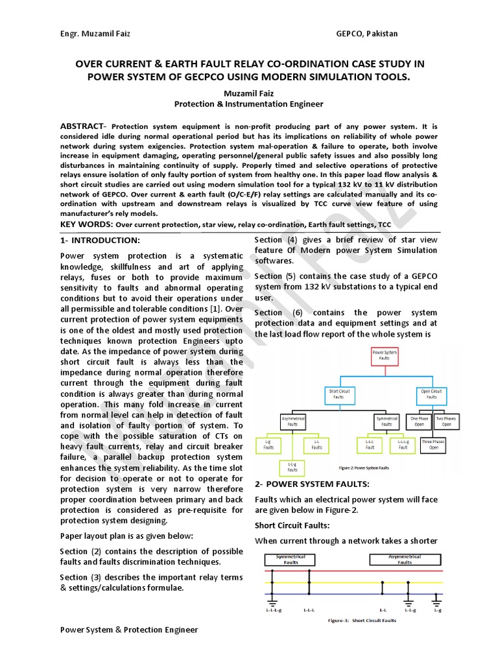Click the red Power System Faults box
[385, 356]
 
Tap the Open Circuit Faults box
[431, 394]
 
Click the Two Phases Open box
[447, 421]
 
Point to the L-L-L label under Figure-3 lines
[309, 610]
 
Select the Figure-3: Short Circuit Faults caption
[362, 621]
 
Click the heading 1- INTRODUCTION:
[100, 240]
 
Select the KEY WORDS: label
[86, 224]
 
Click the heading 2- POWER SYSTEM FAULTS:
[312, 484]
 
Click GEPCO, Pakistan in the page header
[367, 34]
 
